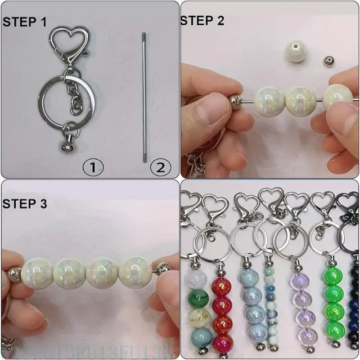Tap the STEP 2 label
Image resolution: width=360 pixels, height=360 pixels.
click(x=202, y=20)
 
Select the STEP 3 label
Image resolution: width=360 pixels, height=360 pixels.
click(x=25, y=204)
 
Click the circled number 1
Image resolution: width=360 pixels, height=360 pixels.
click(x=93, y=168)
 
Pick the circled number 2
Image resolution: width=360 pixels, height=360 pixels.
click(x=160, y=168)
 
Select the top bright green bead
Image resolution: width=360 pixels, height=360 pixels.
click(x=333, y=276)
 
